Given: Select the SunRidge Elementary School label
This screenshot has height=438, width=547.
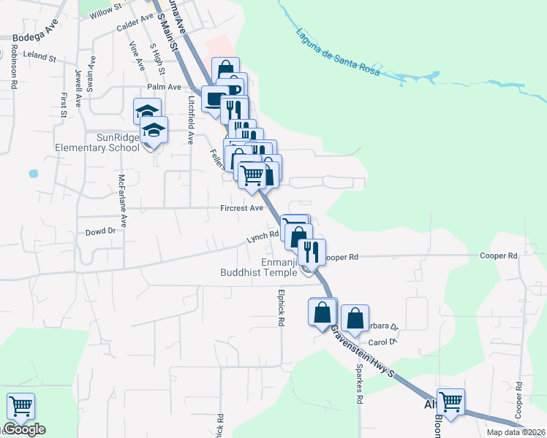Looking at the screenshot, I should tap(97, 142).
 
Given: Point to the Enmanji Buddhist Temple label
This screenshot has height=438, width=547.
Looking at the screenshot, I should tap(260, 267).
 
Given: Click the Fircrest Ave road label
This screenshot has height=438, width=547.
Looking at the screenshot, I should tap(241, 208).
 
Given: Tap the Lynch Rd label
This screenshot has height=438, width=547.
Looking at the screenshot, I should tap(263, 236).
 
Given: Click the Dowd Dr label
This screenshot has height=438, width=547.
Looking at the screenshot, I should tap(101, 231).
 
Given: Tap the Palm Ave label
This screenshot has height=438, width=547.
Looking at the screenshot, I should tap(164, 87).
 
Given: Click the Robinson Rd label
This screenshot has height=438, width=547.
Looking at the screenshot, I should tap(14, 67).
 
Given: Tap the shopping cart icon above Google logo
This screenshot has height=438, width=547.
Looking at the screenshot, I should tap(20, 406).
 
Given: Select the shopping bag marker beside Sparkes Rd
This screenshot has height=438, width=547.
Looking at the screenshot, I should tap(355, 318).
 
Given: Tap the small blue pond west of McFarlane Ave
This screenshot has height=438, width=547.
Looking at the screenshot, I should tap(32, 174).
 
